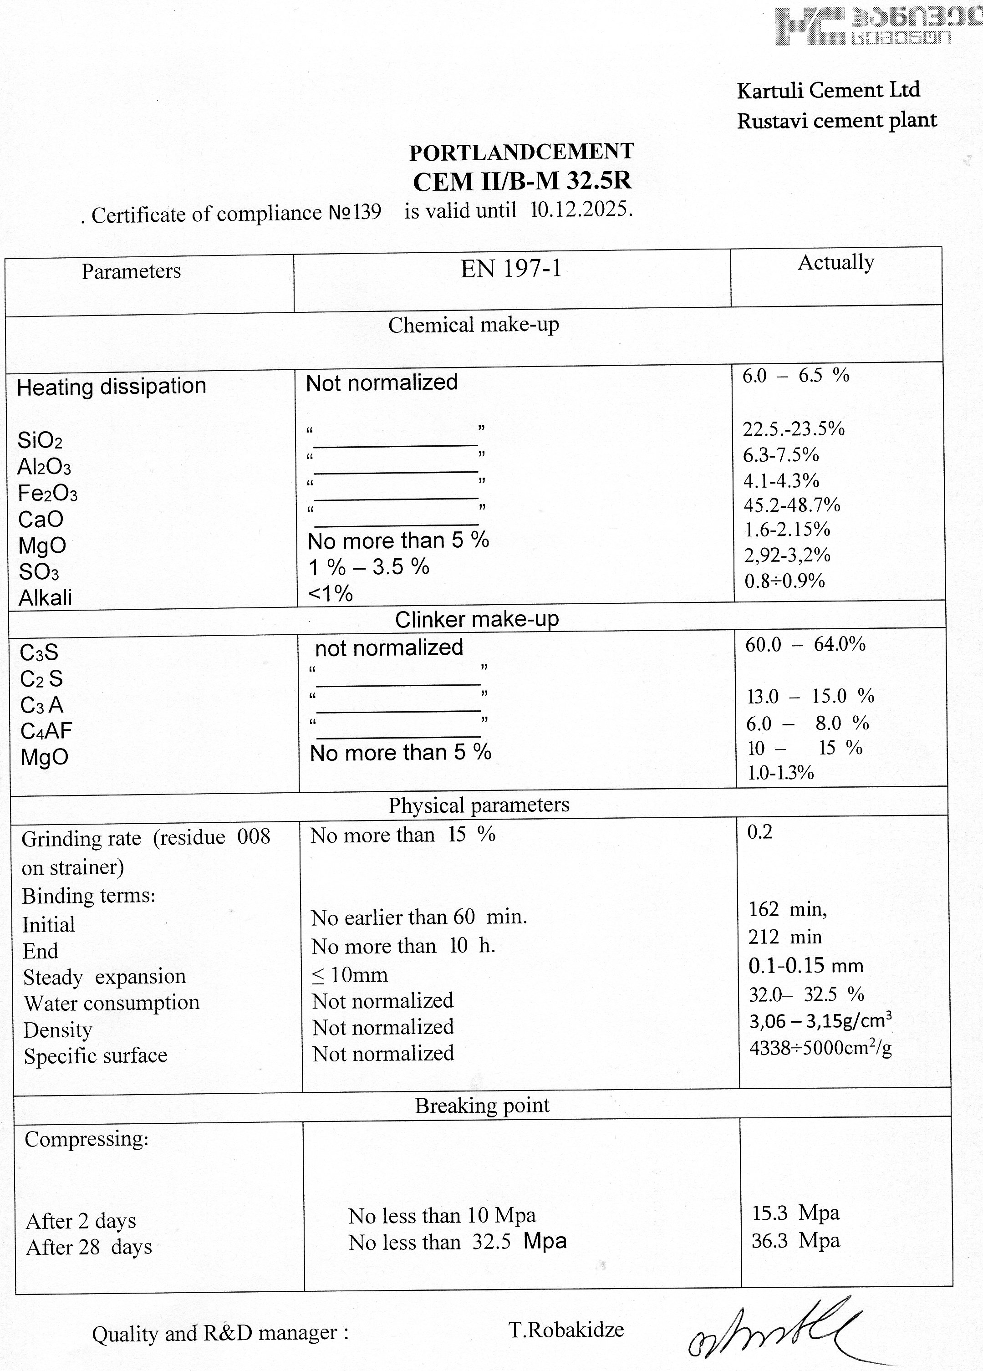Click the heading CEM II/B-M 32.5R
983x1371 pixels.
pos(522,181)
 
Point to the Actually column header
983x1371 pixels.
pos(835,262)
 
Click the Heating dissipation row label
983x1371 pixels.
pos(112,386)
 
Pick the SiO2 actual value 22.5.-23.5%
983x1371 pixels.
pos(793,428)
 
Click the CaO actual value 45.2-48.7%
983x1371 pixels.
pos(791,505)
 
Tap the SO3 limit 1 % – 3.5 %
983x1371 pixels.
pos(368,567)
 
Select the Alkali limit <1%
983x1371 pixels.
pos(330,594)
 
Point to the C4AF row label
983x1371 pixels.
pos(46,731)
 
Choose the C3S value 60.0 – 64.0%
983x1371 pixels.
pos(805,644)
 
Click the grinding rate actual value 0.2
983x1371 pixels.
pos(759,832)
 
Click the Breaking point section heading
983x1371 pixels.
pos(482,1106)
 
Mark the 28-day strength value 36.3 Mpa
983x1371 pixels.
pos(795,1240)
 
